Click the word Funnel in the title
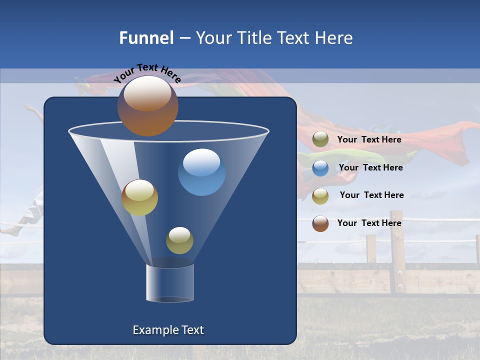tap(146, 38)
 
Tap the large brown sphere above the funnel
tap(147, 105)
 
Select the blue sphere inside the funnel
tap(201, 172)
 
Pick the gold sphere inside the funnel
tap(139, 197)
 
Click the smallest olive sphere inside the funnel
tap(179, 240)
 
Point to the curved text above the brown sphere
tap(147, 73)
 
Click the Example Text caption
tap(168, 330)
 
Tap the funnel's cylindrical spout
tap(169, 283)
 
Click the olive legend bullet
tap(320, 139)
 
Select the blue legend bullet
tap(320, 167)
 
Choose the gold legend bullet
tap(320, 195)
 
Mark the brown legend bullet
tap(320, 223)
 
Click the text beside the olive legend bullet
tap(369, 139)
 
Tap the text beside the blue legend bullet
tap(370, 167)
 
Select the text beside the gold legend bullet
tap(371, 195)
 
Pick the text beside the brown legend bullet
tap(369, 223)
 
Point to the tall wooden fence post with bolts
tap(397, 252)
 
